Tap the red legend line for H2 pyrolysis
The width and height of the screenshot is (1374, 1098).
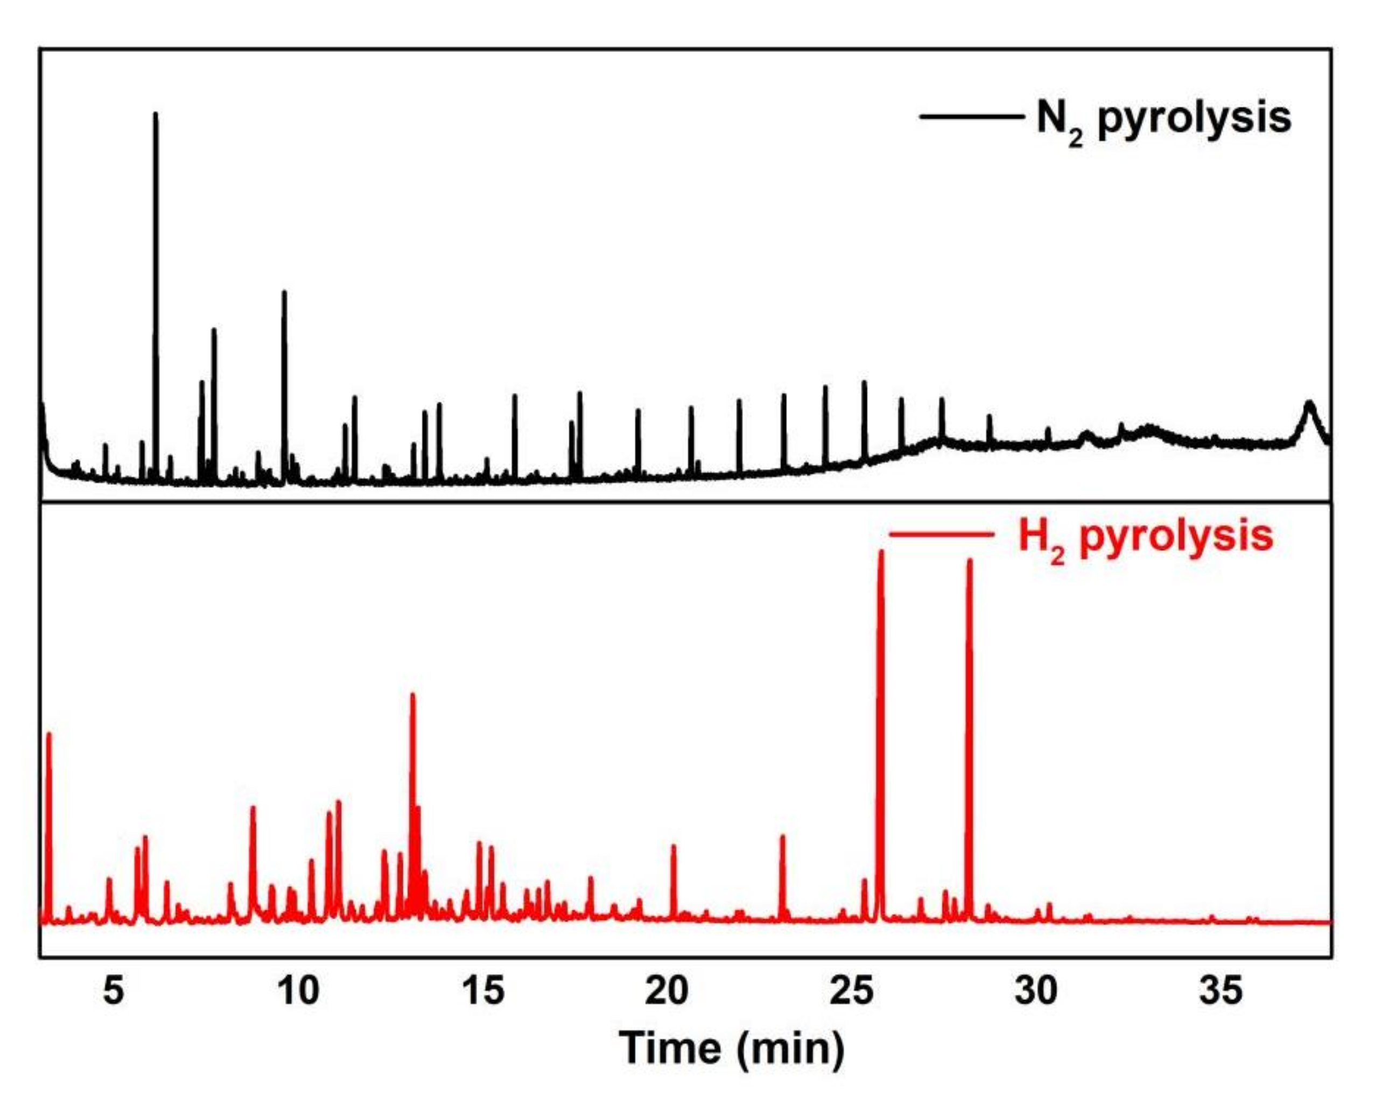click(941, 534)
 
